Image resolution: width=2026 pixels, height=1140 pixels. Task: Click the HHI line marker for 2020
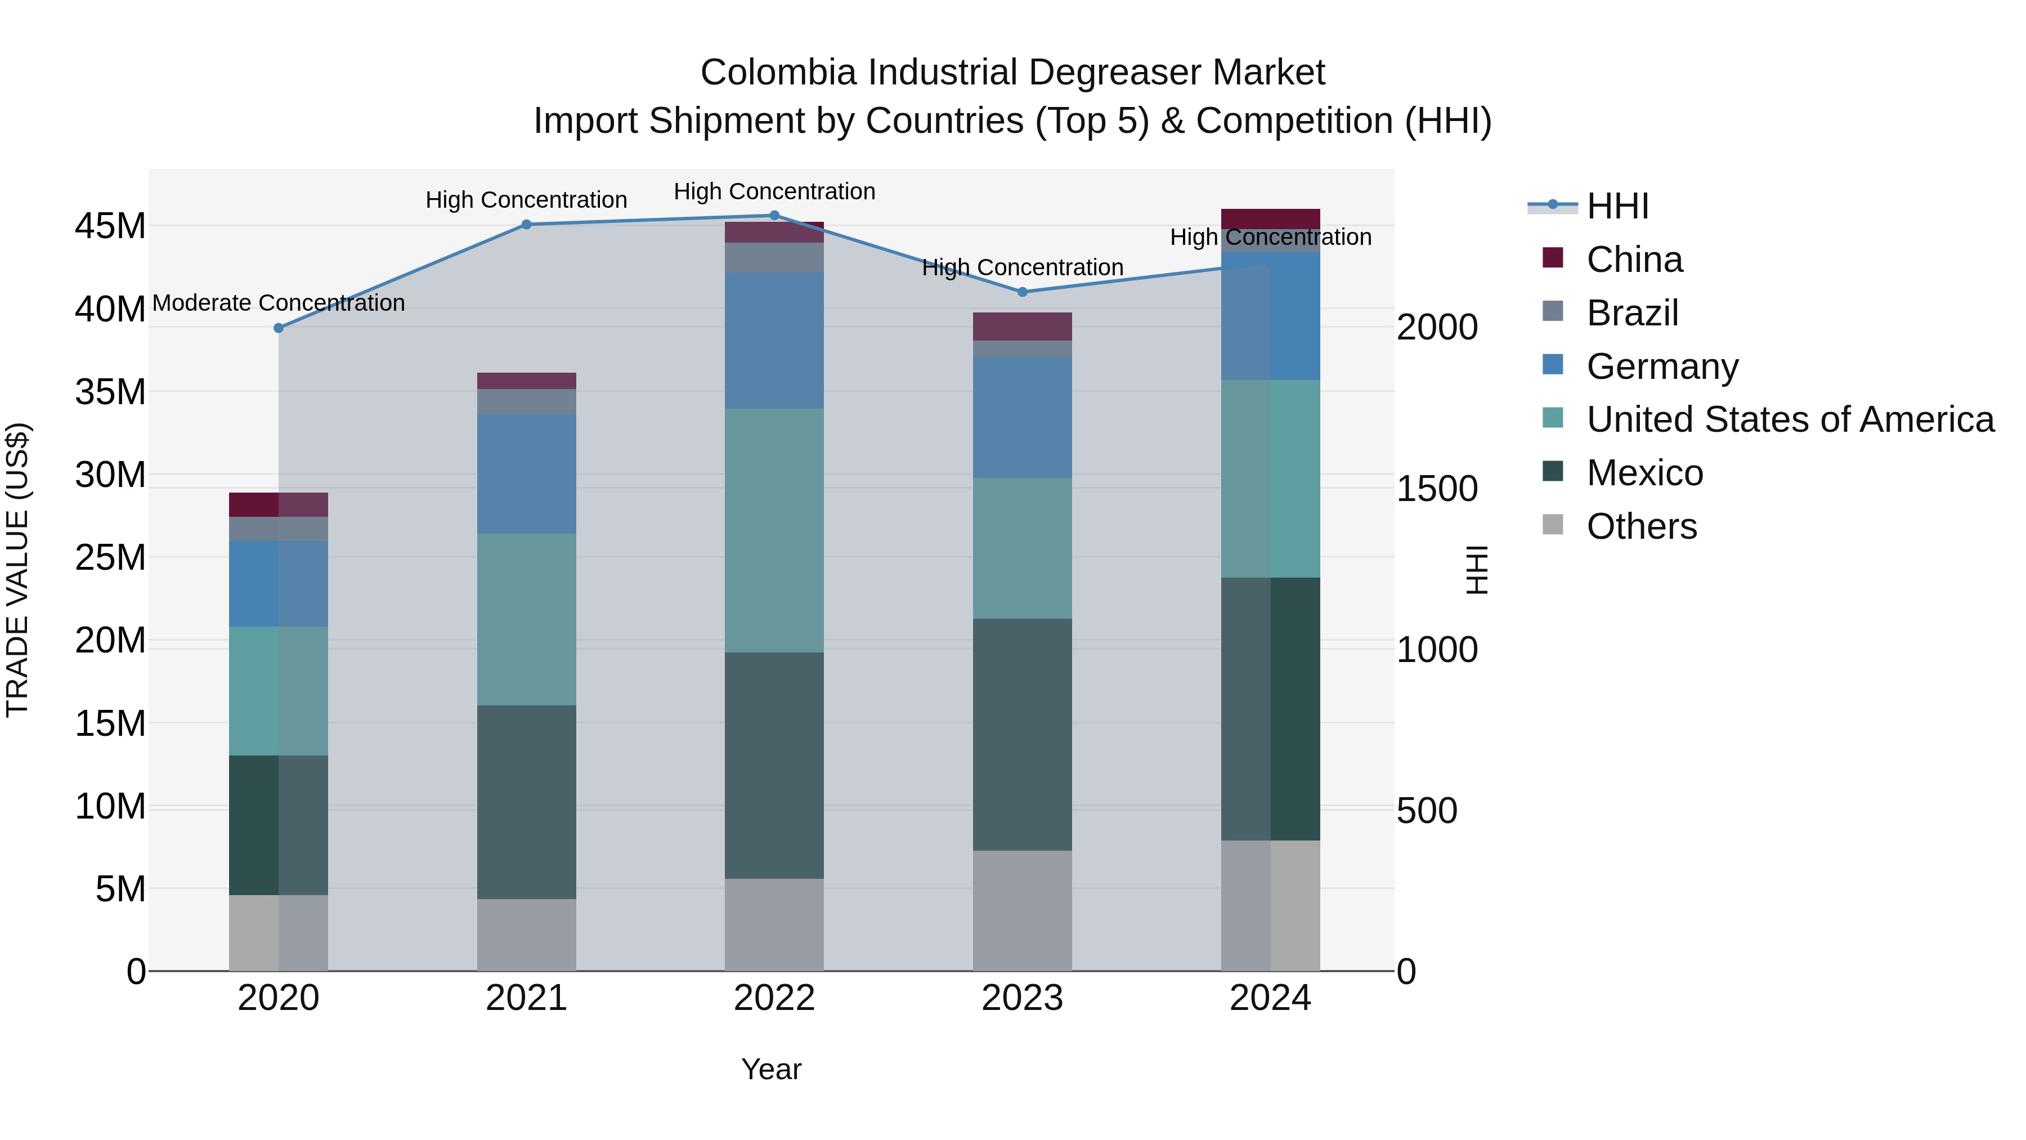pos(279,328)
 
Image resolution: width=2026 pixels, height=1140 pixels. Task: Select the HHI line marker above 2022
pos(774,216)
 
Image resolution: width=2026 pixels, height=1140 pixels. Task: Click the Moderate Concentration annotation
pos(279,303)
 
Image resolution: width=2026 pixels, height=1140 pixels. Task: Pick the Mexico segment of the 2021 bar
pos(526,802)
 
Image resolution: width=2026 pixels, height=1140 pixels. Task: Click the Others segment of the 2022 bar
pos(774,924)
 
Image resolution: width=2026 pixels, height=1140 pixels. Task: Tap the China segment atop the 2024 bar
pos(1270,219)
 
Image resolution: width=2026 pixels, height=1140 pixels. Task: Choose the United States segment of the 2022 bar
pos(774,530)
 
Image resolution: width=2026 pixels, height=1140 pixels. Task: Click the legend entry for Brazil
pos(1632,313)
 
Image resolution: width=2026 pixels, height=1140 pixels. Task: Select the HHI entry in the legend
pos(1617,206)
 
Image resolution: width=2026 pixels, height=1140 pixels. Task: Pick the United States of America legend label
pos(1790,419)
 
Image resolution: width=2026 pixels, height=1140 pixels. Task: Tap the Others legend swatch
pos(1553,525)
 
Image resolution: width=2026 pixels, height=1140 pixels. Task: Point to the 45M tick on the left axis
pos(110,226)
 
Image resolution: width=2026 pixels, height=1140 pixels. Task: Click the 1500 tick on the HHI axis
pos(1436,489)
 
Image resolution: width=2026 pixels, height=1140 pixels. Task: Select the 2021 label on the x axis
pos(526,998)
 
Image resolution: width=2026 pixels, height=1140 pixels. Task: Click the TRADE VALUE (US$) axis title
pos(17,570)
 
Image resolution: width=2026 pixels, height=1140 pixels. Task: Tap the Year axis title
pos(771,1069)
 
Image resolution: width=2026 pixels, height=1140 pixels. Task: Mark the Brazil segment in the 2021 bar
pos(526,401)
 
